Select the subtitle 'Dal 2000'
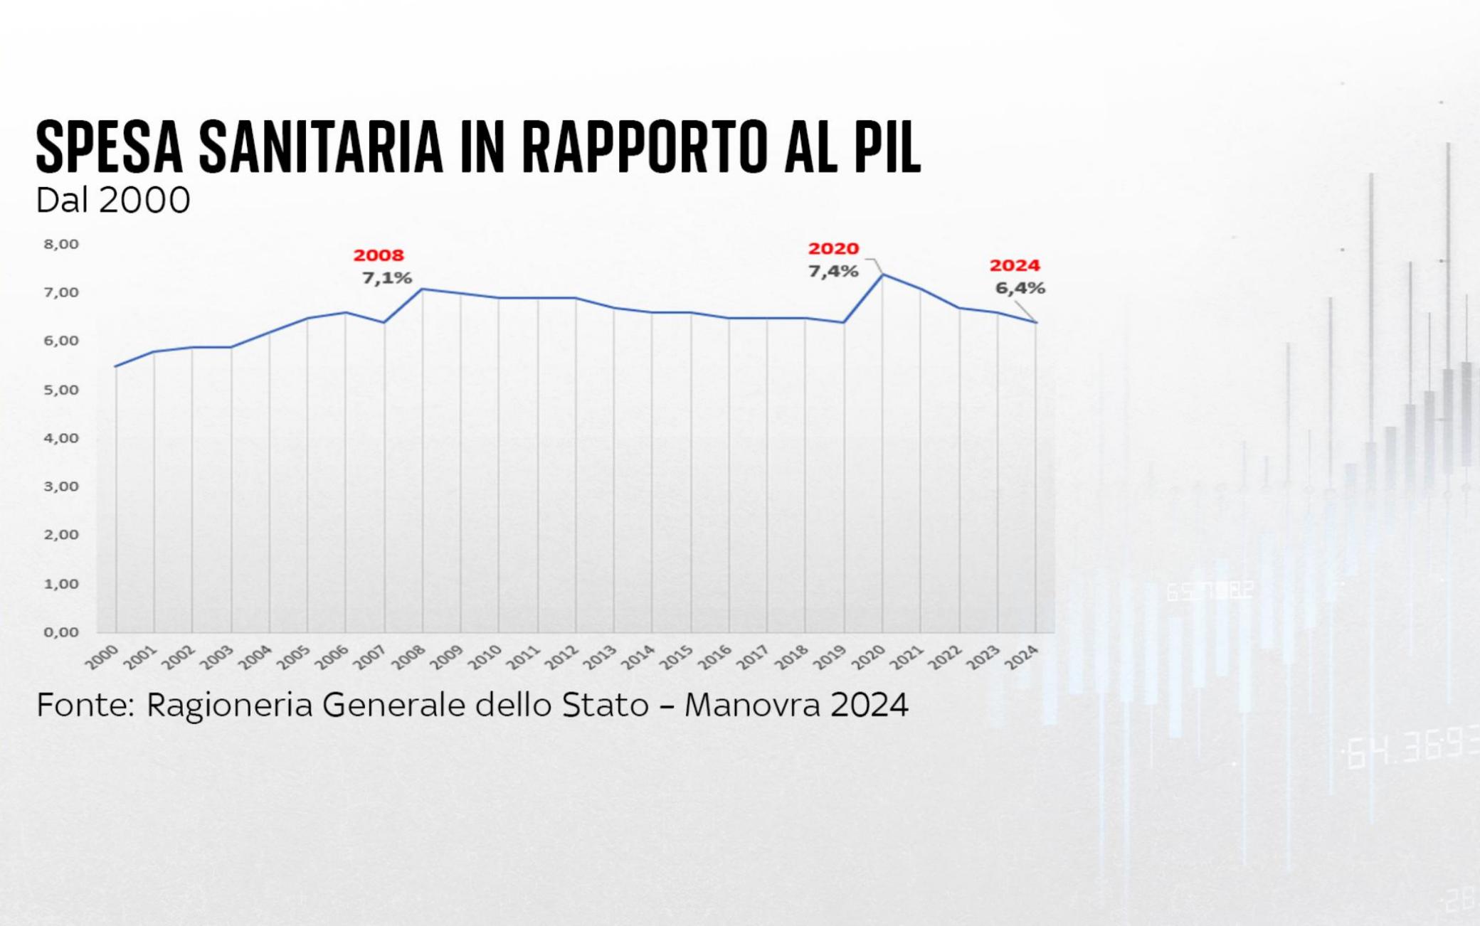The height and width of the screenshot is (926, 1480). [x=113, y=200]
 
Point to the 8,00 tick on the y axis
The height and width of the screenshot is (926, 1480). [x=61, y=244]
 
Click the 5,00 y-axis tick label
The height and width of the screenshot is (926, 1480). [x=61, y=390]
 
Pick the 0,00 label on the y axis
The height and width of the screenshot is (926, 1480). [x=61, y=632]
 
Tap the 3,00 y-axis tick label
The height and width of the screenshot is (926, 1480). [x=61, y=486]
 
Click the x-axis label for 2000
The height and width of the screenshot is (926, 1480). [x=102, y=658]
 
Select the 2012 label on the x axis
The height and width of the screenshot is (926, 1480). [x=562, y=658]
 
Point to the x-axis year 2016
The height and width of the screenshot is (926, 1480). [x=715, y=658]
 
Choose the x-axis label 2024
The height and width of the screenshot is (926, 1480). [x=1022, y=658]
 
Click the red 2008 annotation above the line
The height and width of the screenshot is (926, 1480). [x=379, y=255]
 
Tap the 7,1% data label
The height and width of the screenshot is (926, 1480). [x=387, y=278]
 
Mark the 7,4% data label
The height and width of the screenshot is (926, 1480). [x=833, y=272]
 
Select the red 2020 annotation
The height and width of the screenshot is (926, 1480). [x=833, y=249]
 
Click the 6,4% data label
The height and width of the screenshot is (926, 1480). [x=1020, y=289]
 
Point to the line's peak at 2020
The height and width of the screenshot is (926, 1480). [x=883, y=275]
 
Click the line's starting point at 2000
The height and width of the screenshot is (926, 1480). [x=116, y=366]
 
